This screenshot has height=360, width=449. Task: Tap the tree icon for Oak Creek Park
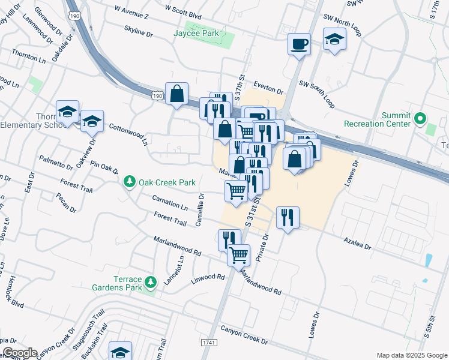[128, 182]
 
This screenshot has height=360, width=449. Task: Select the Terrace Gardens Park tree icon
[152, 281]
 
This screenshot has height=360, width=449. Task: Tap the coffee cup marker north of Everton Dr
[299, 44]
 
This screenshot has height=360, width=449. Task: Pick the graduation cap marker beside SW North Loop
[334, 40]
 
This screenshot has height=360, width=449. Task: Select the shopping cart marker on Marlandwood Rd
[239, 254]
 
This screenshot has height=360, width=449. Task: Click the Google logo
[19, 353]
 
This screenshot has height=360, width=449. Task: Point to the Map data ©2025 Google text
[411, 355]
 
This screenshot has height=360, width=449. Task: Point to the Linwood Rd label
[207, 278]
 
